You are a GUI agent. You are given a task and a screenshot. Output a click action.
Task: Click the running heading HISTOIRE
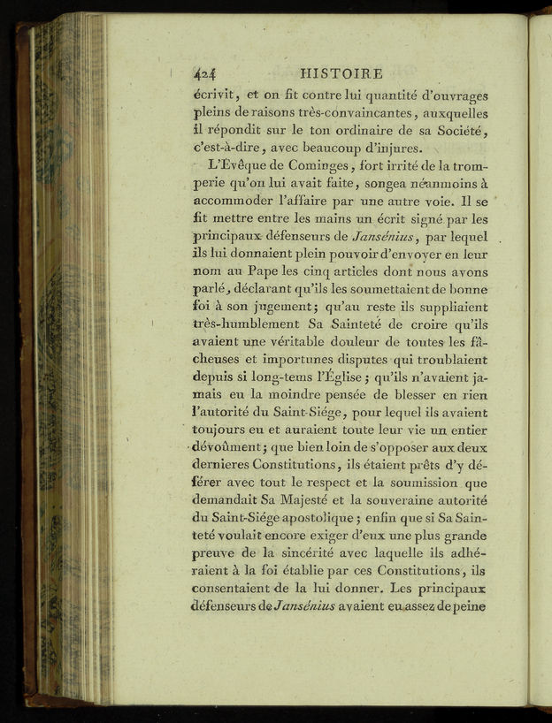341,73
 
